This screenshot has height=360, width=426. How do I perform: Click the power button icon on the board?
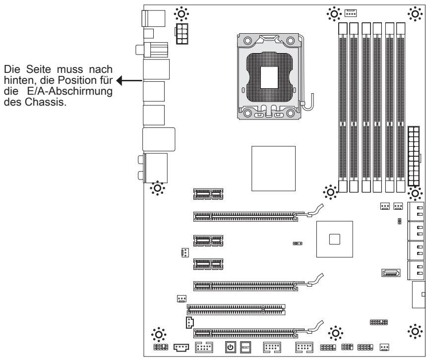point(230,347)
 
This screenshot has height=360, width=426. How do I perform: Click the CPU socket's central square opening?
point(269,78)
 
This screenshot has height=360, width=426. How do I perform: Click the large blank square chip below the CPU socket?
point(273,169)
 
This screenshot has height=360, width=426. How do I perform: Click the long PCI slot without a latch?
point(236,309)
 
